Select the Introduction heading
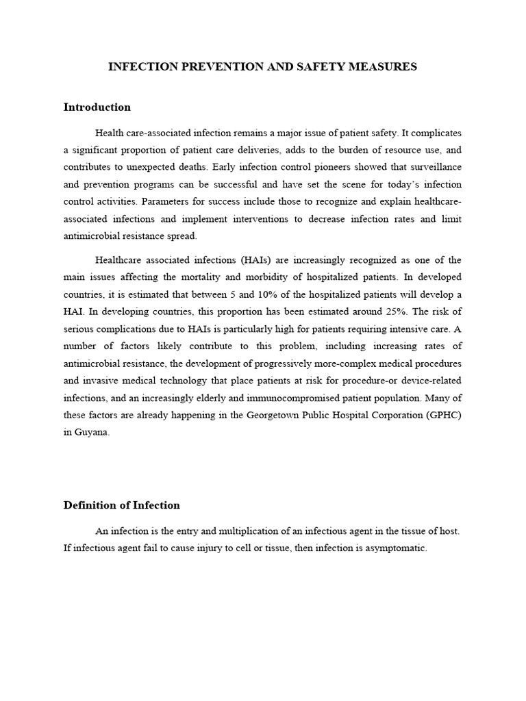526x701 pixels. [97, 107]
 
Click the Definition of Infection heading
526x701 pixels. [121, 505]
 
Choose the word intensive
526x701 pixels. [399, 330]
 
